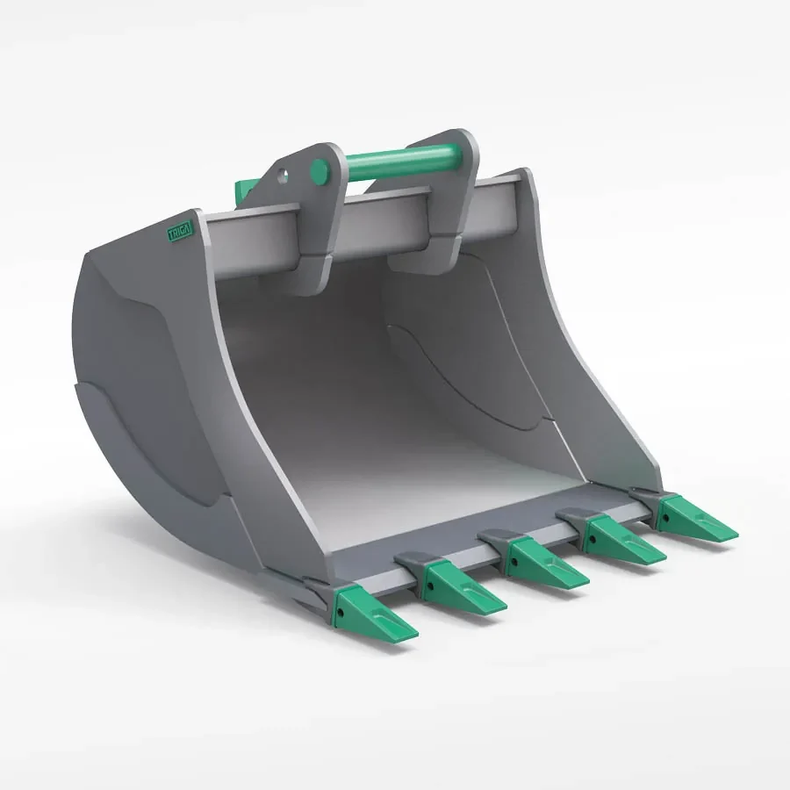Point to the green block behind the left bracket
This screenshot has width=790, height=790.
(x=246, y=187)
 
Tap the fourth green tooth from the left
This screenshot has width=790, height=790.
(x=624, y=540)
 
